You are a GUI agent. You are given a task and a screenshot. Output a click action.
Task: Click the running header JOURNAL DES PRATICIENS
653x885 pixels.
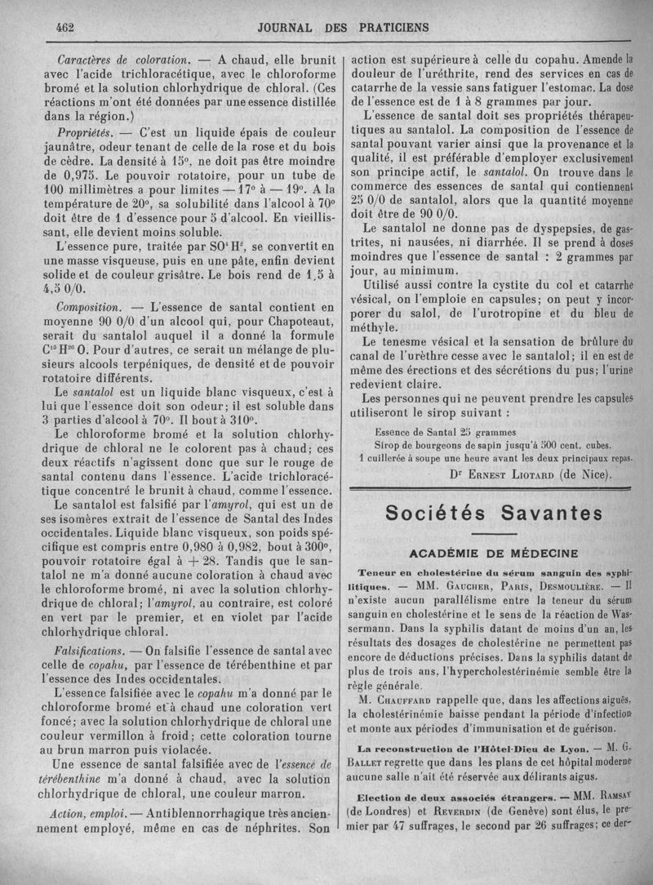[x=344, y=27]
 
